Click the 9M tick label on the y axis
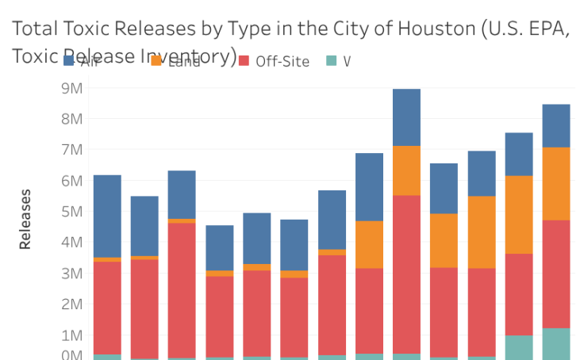pyautogui.click(x=71, y=88)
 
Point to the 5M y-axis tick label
pyautogui.click(x=71, y=212)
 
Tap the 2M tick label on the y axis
pyautogui.click(x=71, y=304)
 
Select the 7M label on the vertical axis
pyautogui.click(x=71, y=150)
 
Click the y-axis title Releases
pyautogui.click(x=25, y=219)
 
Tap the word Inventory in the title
pyautogui.click(x=186, y=56)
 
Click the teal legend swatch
pyautogui.click(x=332, y=61)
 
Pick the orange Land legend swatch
pyautogui.click(x=156, y=61)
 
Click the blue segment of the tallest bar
pyautogui.click(x=406, y=117)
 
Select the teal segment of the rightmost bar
pyautogui.click(x=555, y=343)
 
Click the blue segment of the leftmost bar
pyautogui.click(x=107, y=216)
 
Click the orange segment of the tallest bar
pyautogui.click(x=406, y=170)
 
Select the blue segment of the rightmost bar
pyautogui.click(x=555, y=125)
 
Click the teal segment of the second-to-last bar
pyautogui.click(x=519, y=347)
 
